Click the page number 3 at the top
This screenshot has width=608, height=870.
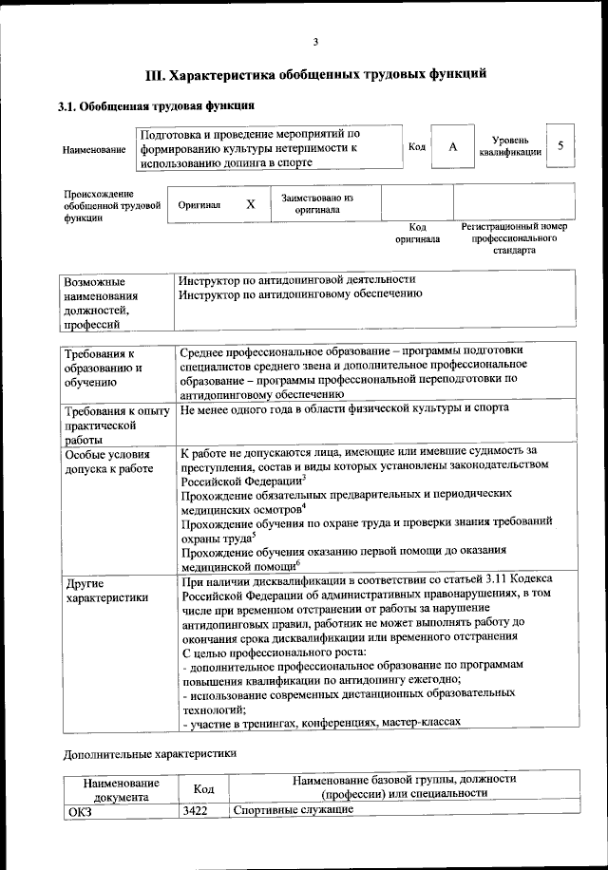pyautogui.click(x=315, y=40)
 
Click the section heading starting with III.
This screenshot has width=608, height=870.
pyautogui.click(x=316, y=74)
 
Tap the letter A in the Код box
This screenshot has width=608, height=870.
pyautogui.click(x=453, y=146)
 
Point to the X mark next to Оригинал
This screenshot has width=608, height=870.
pyautogui.click(x=251, y=204)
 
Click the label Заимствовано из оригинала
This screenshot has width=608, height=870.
pyautogui.click(x=317, y=204)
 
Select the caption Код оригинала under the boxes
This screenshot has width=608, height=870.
pyautogui.click(x=417, y=234)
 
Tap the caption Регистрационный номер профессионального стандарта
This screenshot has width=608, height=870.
pyautogui.click(x=514, y=239)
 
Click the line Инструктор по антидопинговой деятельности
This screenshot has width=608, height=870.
pyautogui.click(x=297, y=279)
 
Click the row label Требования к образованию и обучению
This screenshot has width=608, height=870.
pyautogui.click(x=105, y=368)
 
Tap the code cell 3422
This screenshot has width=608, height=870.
pyautogui.click(x=195, y=809)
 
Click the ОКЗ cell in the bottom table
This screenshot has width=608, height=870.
pyautogui.click(x=80, y=810)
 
